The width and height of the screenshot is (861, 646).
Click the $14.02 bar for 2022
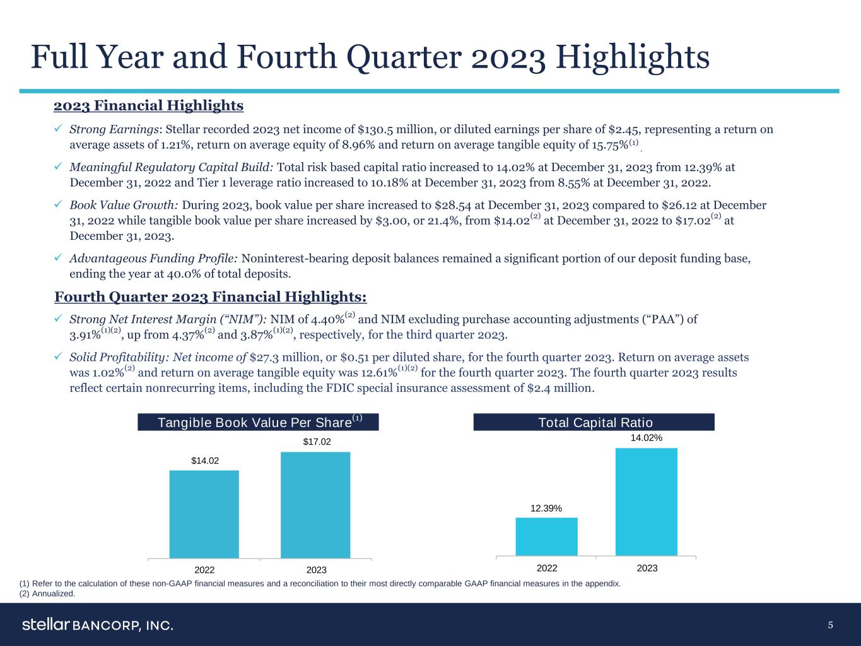point(204,514)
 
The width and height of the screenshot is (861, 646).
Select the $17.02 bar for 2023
point(315,505)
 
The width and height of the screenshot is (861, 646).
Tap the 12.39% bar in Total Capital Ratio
point(546,536)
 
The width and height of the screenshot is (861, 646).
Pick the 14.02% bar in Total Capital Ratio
point(646,502)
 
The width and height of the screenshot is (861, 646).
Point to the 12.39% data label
point(546,508)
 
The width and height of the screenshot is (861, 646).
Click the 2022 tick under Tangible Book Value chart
point(204,570)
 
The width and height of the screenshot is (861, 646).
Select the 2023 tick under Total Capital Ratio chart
point(647,568)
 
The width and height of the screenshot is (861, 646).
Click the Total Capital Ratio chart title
point(594,423)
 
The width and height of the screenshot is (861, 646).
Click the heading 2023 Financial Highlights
point(149,105)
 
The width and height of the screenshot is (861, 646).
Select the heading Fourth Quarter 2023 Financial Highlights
point(211,297)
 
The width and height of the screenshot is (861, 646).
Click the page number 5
point(831,625)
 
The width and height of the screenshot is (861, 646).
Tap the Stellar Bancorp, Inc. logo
point(98,625)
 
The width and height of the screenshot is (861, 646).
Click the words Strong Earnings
point(114,130)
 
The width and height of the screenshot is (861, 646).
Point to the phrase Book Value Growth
point(124,206)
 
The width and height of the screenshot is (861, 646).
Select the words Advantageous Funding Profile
point(153,259)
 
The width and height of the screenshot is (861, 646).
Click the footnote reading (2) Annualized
point(48,594)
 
